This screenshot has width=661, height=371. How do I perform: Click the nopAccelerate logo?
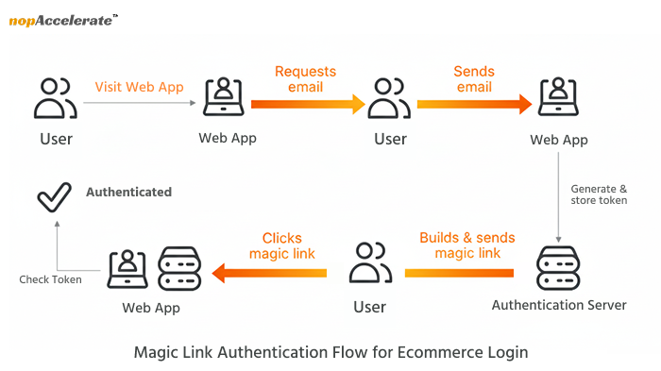pos(62,20)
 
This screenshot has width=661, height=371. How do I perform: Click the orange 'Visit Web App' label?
pos(139,87)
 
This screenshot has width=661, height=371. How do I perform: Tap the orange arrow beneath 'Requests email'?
pos(308,103)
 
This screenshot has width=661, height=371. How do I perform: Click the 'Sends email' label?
pos(473,79)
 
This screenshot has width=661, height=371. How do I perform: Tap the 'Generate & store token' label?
pos(599,194)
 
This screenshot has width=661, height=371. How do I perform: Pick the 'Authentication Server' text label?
pos(559,305)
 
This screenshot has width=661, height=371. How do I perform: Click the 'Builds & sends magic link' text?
pos(459,245)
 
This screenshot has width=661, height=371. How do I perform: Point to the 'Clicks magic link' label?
pos(281,245)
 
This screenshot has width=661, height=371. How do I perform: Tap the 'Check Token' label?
pos(51,279)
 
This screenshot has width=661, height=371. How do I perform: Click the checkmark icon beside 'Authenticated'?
pos(55,194)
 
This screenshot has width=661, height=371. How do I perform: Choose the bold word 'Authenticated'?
pos(128,192)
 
